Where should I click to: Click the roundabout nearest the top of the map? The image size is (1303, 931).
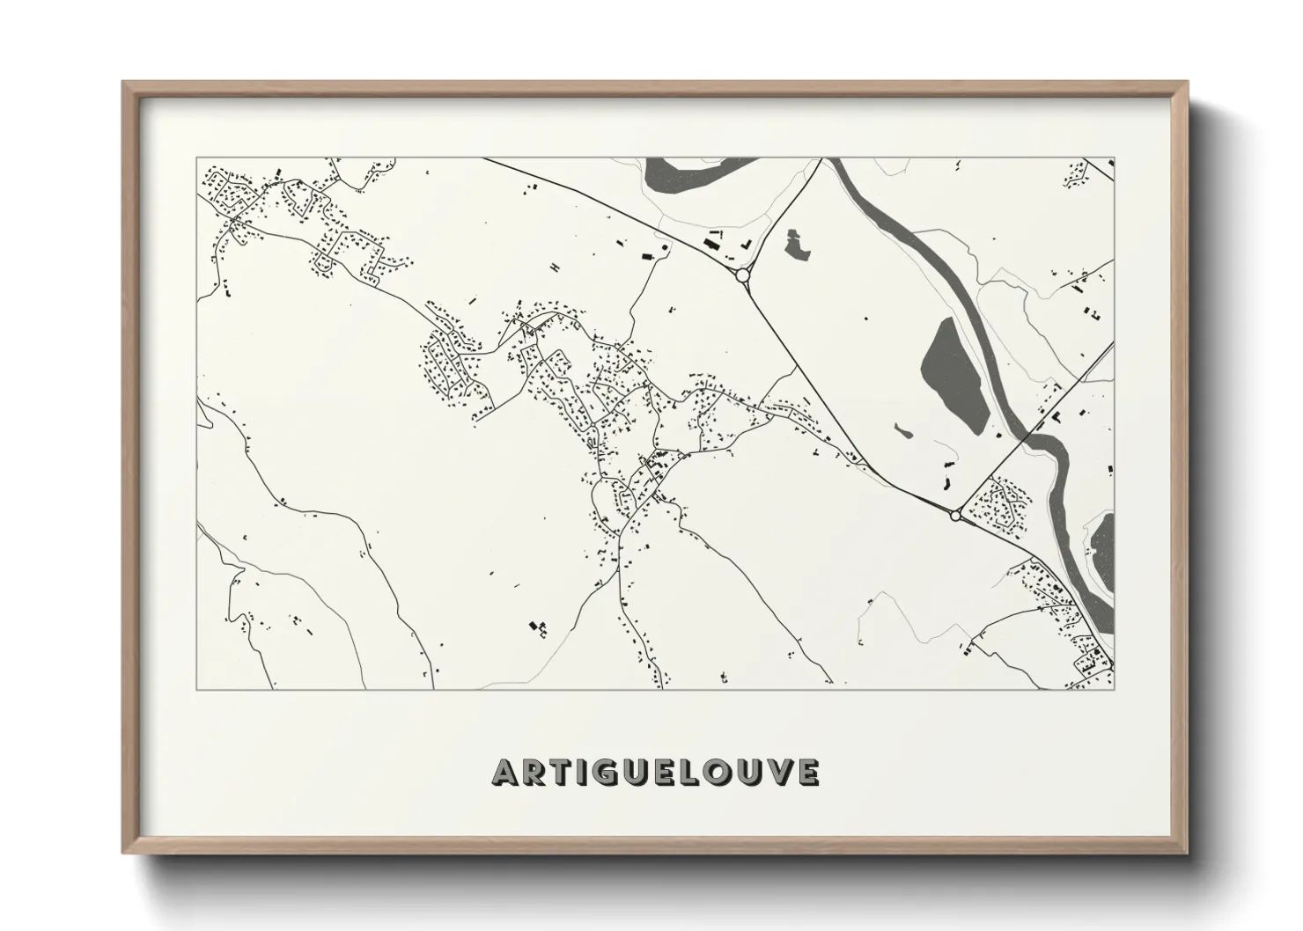click(x=742, y=275)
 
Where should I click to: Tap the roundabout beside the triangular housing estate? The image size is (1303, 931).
click(x=955, y=517)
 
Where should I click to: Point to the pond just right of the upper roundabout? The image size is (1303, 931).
click(x=799, y=245)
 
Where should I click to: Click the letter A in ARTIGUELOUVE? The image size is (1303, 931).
click(x=506, y=772)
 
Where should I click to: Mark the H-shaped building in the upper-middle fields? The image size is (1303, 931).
click(x=554, y=267)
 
